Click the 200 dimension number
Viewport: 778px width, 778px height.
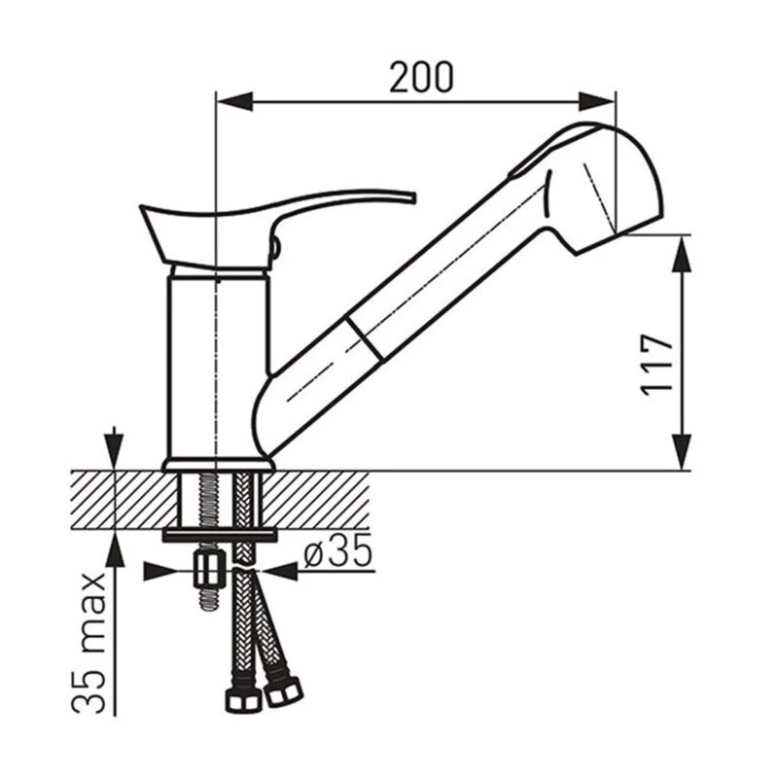point(421,78)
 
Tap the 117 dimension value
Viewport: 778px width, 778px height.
point(656,366)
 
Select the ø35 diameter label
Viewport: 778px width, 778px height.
point(337,550)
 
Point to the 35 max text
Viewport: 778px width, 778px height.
point(89,643)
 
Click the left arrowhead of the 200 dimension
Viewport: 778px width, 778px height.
point(235,102)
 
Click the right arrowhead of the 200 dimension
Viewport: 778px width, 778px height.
point(597,102)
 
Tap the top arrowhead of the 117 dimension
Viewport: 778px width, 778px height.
point(682,254)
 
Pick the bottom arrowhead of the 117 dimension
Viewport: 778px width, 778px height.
point(682,451)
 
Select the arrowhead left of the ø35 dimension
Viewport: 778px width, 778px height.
point(160,571)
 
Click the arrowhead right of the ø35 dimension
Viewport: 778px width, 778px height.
point(279,571)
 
